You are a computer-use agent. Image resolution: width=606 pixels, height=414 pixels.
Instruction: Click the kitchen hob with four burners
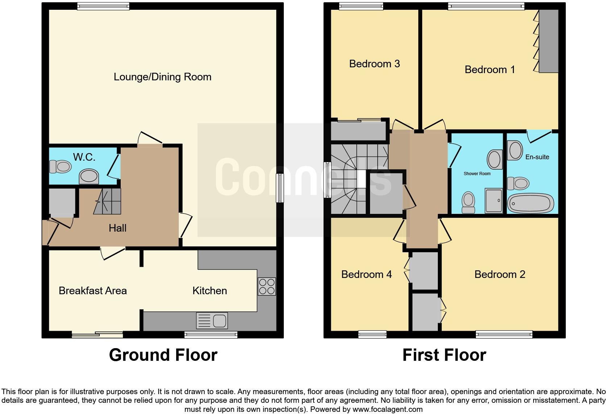(x=267, y=286)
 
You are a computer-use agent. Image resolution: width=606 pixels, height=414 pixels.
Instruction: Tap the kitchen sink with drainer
(x=212, y=320)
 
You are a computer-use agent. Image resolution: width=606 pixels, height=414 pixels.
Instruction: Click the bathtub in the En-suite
(x=531, y=204)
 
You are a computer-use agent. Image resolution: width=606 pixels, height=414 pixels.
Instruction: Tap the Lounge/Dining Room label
(x=162, y=77)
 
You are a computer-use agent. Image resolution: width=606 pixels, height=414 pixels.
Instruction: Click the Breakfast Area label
(x=93, y=291)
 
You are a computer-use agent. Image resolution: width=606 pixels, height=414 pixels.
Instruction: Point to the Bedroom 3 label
(x=374, y=64)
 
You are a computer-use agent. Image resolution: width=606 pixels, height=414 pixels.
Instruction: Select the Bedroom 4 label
(x=366, y=274)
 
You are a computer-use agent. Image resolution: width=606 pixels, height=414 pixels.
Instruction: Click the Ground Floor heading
(x=163, y=355)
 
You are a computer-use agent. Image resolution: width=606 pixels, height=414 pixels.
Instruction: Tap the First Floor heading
(x=444, y=355)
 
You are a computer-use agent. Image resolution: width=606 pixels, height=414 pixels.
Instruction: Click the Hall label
(x=117, y=228)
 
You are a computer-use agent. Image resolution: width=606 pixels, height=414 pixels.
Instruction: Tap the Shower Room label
(x=477, y=174)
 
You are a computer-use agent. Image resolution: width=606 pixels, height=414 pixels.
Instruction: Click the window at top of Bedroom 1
(x=486, y=5)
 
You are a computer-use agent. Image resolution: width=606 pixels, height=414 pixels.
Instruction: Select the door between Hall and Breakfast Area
(x=113, y=253)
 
